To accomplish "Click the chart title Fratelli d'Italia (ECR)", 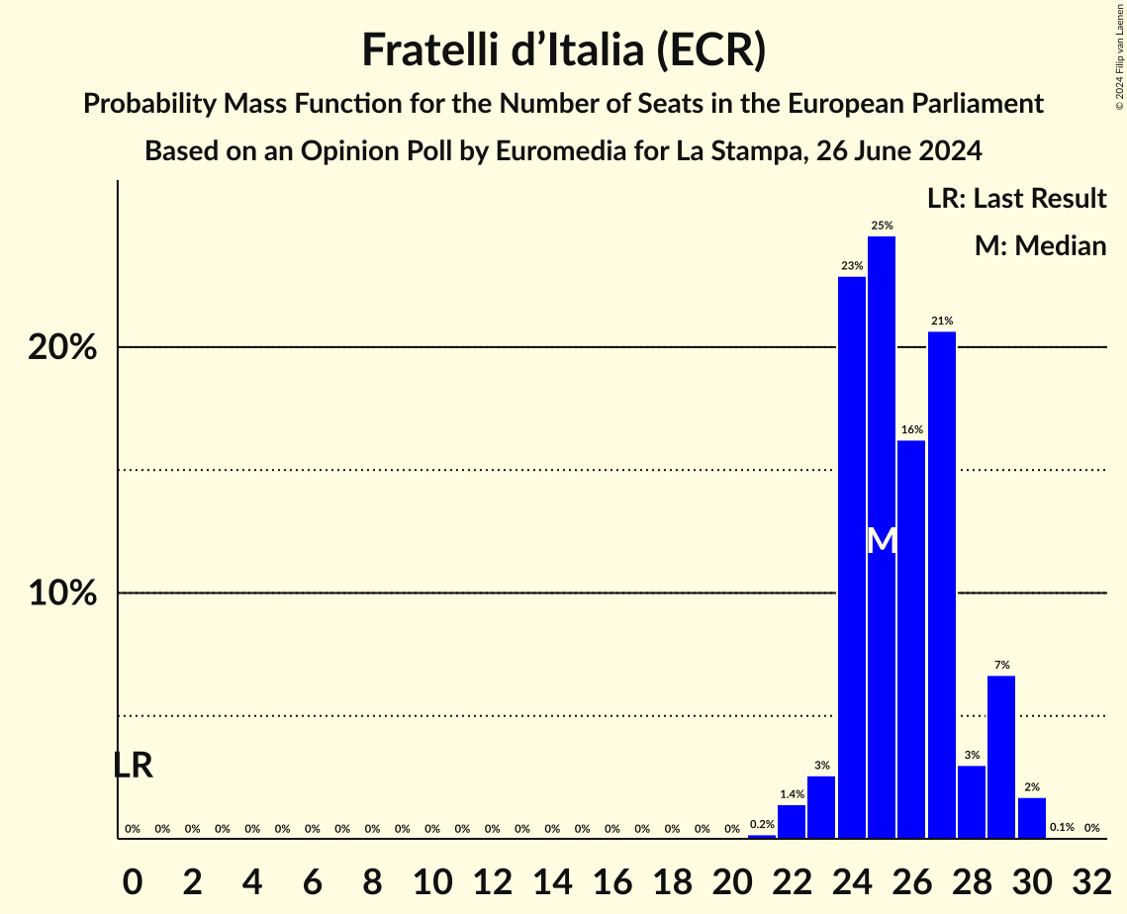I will pos(563,49).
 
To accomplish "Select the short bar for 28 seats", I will pos(972,802).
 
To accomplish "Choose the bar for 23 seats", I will pos(821,807).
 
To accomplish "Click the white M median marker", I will pos(882,540).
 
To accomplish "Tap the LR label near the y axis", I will pos(133,765).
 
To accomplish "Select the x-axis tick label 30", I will pos(1032,878).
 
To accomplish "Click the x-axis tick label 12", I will pos(492,878).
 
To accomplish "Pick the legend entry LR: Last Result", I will pos(1016,198).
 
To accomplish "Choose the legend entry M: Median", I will pos(1040,245).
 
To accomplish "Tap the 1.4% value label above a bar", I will pos(792,794).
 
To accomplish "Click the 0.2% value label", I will pos(762,824).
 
